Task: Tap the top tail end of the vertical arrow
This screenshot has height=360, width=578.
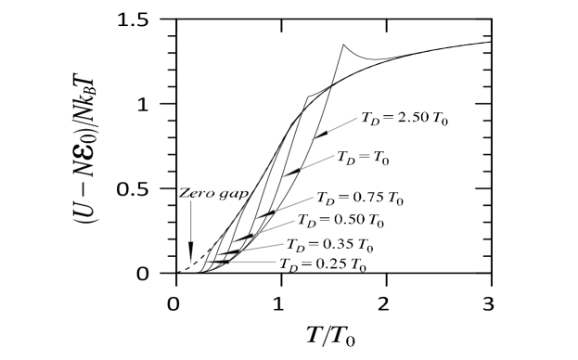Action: [x=191, y=200]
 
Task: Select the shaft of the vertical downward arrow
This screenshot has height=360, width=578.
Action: [x=191, y=223]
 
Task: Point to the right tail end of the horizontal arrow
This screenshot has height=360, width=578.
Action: [x=276, y=262]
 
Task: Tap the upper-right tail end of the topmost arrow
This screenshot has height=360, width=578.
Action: [x=357, y=118]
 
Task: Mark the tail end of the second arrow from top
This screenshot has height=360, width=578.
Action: [x=333, y=156]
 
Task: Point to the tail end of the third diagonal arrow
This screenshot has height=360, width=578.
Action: [x=313, y=198]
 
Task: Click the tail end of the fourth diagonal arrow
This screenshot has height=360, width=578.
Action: [x=294, y=221]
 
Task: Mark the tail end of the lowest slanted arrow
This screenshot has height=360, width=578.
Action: [x=284, y=244]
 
